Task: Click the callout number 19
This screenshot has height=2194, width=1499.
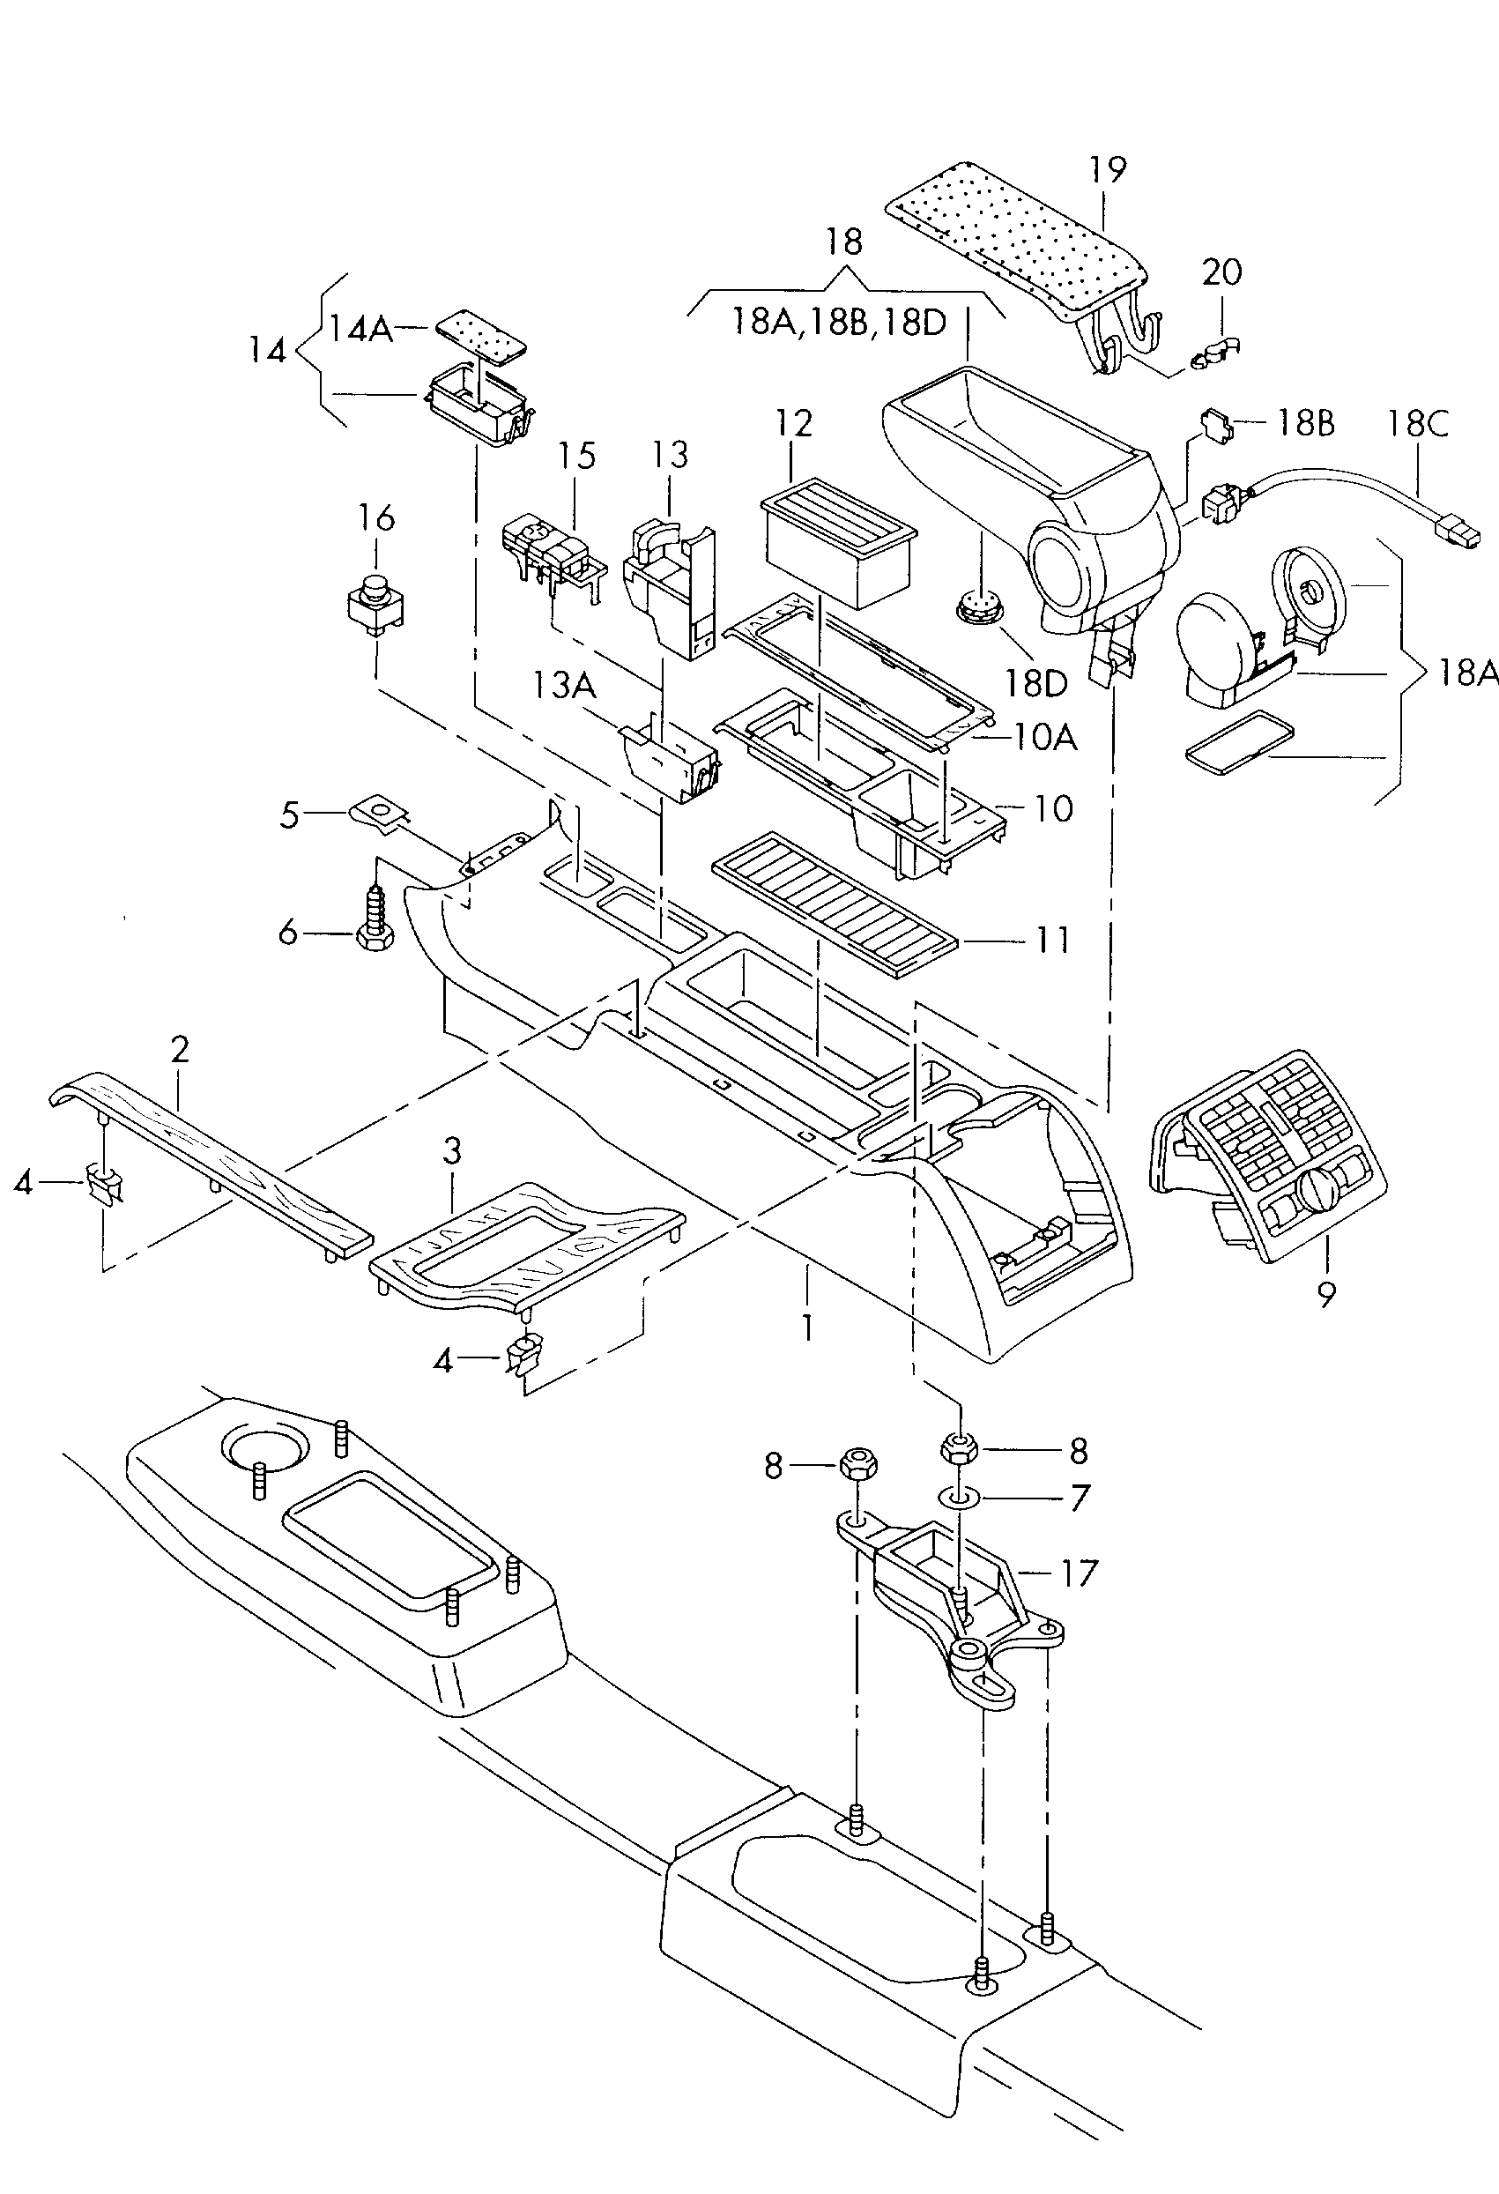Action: tap(1109, 170)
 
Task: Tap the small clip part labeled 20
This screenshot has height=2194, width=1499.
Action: tap(1216, 354)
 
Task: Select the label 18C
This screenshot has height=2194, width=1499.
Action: tap(1418, 424)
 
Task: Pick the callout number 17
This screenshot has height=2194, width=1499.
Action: tap(1079, 1573)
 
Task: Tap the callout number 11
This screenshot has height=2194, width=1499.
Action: tap(1053, 941)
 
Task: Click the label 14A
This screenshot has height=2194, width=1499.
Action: tap(360, 329)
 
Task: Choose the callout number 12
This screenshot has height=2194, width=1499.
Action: tap(794, 424)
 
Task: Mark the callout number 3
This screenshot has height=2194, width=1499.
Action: tap(453, 1151)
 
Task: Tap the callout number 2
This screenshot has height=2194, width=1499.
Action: tap(181, 1049)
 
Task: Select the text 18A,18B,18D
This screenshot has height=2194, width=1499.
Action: tap(839, 322)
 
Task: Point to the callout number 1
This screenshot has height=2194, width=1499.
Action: tap(808, 1328)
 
